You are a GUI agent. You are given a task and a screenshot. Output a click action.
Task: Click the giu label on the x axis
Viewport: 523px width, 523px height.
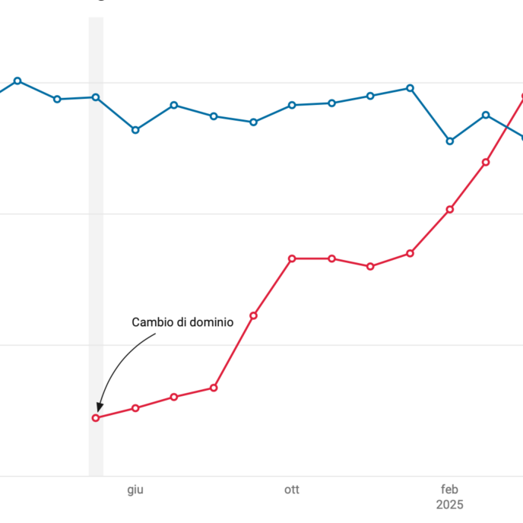135,490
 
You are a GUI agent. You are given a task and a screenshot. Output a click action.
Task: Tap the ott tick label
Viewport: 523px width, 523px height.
292,490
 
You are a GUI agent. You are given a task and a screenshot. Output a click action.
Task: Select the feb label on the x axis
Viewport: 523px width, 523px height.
450,490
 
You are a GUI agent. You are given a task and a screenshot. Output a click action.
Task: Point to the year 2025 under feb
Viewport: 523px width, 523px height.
450,505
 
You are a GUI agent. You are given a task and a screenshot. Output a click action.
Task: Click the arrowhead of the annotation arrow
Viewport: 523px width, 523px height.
100,409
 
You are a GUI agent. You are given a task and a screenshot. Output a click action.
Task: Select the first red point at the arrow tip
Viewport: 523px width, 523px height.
96,418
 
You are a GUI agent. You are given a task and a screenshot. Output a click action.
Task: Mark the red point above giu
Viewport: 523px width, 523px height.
135,408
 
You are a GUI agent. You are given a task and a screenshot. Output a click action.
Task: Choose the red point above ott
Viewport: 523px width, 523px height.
292,258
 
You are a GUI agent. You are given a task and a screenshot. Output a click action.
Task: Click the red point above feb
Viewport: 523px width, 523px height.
450,209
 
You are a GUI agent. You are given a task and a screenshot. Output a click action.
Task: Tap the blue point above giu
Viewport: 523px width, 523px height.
135,130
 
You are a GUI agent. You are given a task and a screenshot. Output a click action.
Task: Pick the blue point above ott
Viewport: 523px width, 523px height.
292,105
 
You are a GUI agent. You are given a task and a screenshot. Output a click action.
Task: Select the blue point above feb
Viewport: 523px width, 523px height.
450,141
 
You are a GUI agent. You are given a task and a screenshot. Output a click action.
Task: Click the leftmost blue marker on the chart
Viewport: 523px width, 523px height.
17,81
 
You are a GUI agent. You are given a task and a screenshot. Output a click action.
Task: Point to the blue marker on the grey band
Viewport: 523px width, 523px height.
96,97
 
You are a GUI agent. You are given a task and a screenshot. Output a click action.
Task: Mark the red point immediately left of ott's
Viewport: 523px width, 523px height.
253,315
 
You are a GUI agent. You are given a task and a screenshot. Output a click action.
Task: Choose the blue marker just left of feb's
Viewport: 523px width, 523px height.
410,88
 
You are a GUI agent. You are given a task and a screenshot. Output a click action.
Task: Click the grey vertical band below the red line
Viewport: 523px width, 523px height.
96,452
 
